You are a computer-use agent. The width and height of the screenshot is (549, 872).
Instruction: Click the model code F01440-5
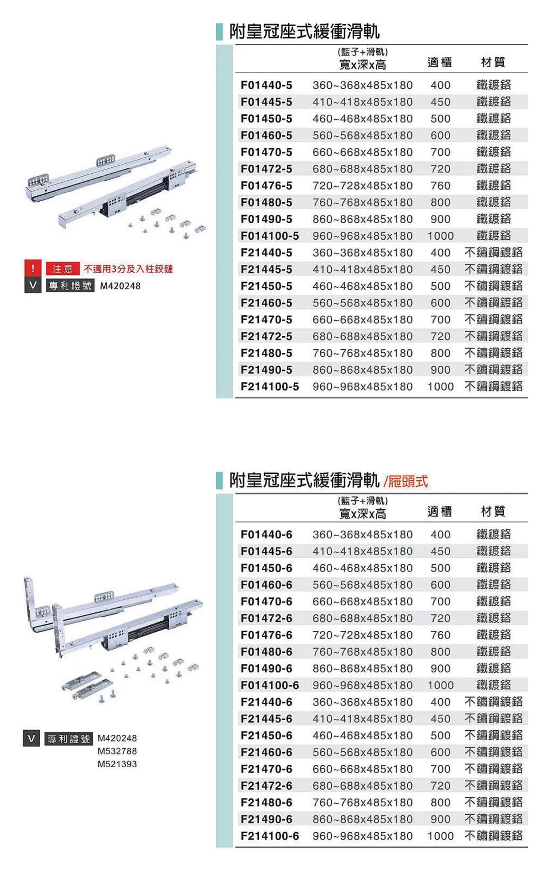pyautogui.click(x=266, y=85)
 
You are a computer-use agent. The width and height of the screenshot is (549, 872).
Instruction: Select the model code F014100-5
pyautogui.click(x=269, y=236)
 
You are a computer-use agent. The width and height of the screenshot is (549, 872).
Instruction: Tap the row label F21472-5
pyautogui.click(x=266, y=336)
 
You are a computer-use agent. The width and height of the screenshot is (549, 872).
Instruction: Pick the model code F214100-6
pyautogui.click(x=269, y=836)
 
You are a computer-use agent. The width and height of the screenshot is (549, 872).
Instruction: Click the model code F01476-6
pyautogui.click(x=266, y=635)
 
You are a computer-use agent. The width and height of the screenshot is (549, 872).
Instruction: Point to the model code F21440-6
pyautogui.click(x=266, y=702)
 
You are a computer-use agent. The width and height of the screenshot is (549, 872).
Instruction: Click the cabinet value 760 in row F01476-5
pyautogui.click(x=440, y=186)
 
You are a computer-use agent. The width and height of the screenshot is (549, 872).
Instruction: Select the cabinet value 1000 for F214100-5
pyautogui.click(x=441, y=387)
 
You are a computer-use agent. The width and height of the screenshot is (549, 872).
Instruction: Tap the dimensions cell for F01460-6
pyautogui.click(x=362, y=585)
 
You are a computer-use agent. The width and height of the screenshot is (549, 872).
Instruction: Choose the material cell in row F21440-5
pyautogui.click(x=493, y=253)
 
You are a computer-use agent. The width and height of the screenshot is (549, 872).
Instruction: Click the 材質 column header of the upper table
pyautogui.click(x=493, y=62)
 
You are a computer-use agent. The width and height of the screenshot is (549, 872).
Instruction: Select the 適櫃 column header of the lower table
pyautogui.click(x=439, y=511)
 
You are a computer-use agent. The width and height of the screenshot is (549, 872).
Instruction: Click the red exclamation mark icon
pyautogui.click(x=33, y=269)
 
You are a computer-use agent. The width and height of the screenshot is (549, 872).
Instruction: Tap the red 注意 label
pyautogui.click(x=63, y=269)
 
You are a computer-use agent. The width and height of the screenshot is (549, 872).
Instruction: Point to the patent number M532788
pyautogui.click(x=117, y=751)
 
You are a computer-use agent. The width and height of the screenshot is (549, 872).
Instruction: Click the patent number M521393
pyautogui.click(x=117, y=764)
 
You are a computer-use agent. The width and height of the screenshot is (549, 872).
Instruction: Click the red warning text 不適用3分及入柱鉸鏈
pyautogui.click(x=128, y=269)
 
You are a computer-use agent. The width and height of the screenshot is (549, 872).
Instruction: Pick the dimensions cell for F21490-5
pyautogui.click(x=362, y=370)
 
